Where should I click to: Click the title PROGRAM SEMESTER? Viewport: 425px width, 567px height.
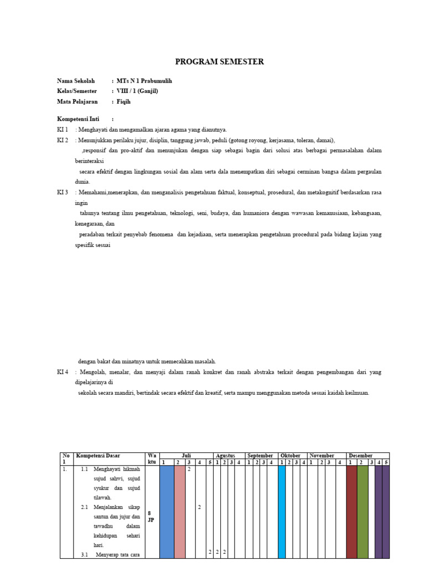click(219, 61)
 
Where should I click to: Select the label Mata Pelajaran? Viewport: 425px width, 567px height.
click(77, 101)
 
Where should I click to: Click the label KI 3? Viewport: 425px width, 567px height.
click(63, 192)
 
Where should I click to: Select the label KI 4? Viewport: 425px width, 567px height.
click(63, 372)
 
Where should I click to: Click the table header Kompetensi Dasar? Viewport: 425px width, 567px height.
click(98, 455)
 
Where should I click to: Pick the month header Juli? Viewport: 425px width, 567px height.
click(186, 455)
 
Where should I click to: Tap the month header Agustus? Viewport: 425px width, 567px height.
click(225, 455)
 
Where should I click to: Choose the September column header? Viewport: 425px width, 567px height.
click(261, 455)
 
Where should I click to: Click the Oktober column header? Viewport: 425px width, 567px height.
click(291, 455)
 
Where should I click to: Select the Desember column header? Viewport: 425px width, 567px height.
click(360, 455)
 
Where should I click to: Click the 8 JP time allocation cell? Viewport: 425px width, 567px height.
click(151, 517)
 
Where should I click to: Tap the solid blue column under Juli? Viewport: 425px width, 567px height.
click(167, 512)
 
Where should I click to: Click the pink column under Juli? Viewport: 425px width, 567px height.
click(180, 512)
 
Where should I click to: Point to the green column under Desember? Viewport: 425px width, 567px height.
click(362, 512)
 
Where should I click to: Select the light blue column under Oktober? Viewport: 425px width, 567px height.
click(282, 512)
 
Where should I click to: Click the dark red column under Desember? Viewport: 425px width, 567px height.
click(351, 512)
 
